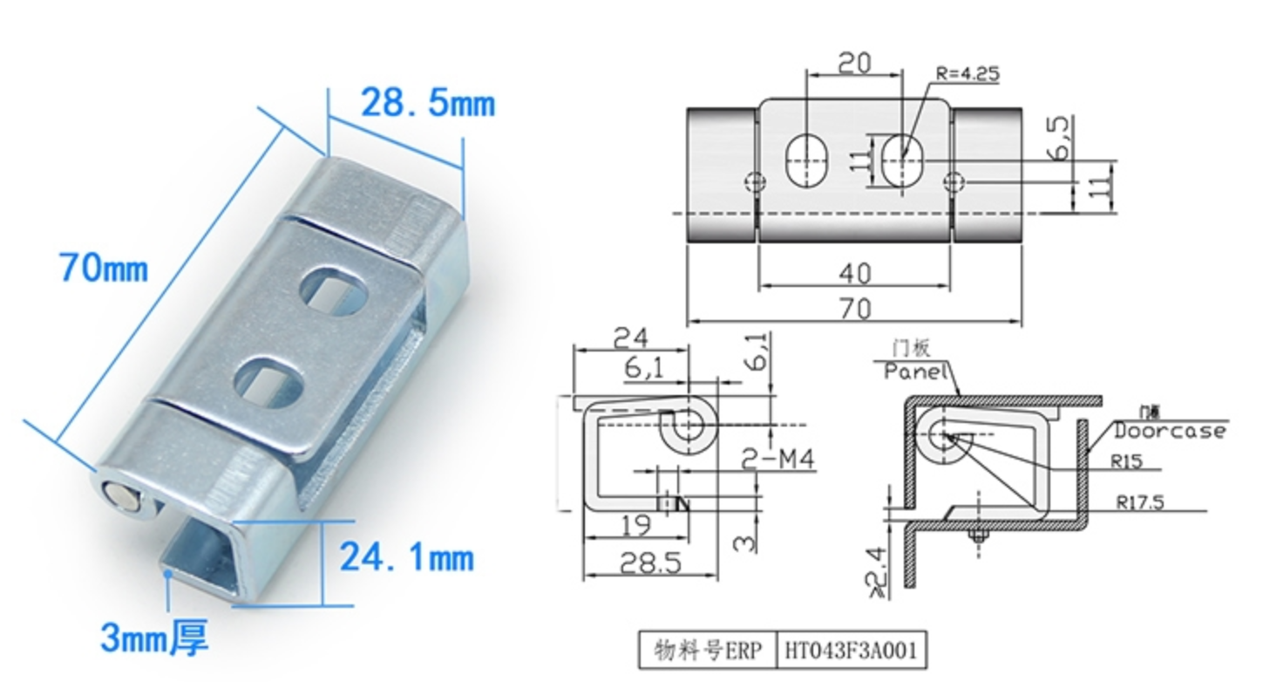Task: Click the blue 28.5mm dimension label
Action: pos(427,104)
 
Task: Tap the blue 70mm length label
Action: pos(103,268)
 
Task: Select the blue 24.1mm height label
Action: pos(406,556)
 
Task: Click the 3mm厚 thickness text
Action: pos(154,638)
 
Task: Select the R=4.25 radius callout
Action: pos(967,74)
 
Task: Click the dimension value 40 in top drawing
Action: pos(853,273)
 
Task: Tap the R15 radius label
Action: pos(1126,461)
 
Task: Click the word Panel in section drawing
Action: pos(915,372)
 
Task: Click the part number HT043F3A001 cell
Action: pos(851,651)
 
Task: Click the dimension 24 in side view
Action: pos(630,337)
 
